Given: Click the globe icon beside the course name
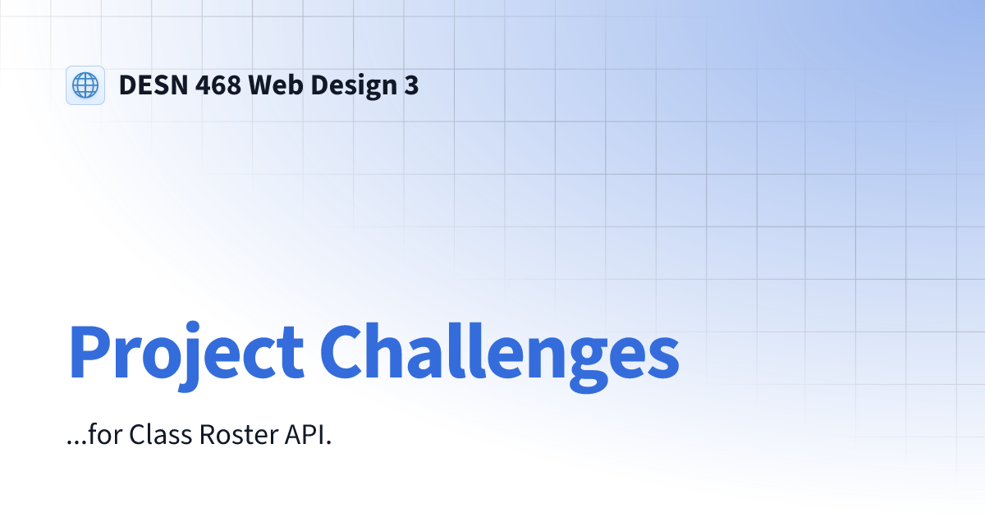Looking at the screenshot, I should tap(85, 85).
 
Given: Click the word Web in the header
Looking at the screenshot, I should tap(276, 85).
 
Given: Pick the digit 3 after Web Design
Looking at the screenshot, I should tap(411, 85).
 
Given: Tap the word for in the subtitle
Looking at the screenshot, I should tap(103, 435).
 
